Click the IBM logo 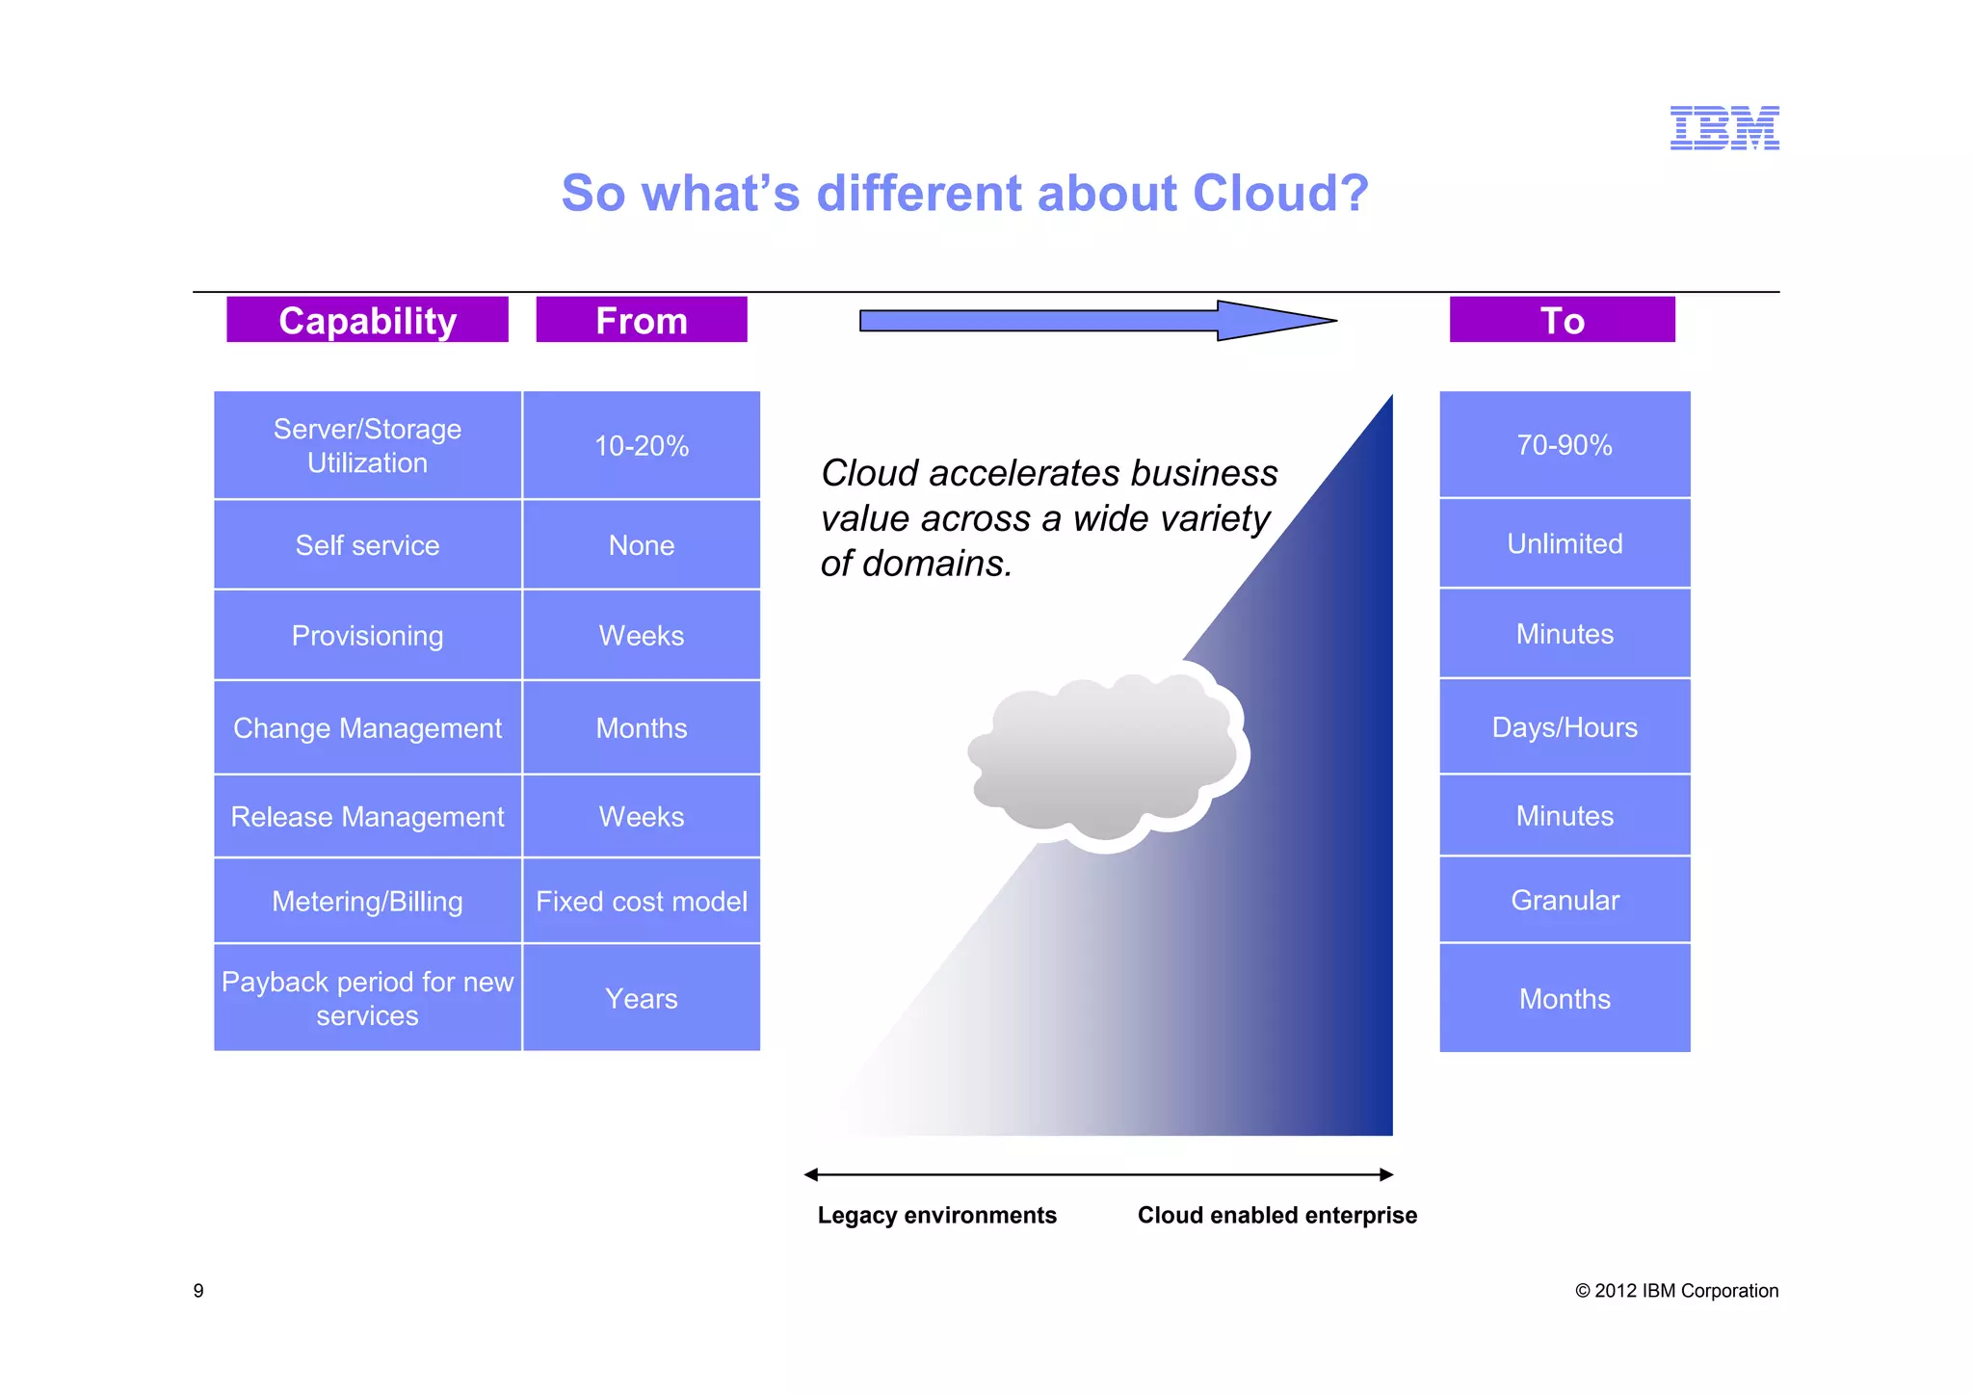[1723, 128]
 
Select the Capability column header [367, 320]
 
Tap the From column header [642, 320]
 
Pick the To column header [1562, 320]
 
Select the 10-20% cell [642, 446]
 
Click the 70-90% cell [1565, 445]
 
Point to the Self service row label [367, 545]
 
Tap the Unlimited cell [1565, 543]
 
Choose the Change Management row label [367, 728]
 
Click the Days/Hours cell [1565, 727]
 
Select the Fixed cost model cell [642, 902]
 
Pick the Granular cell [1565, 900]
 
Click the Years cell [642, 999]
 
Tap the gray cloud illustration [1103, 756]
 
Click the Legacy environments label [936, 1216]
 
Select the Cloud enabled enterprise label [1276, 1216]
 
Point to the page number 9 [198, 1291]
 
